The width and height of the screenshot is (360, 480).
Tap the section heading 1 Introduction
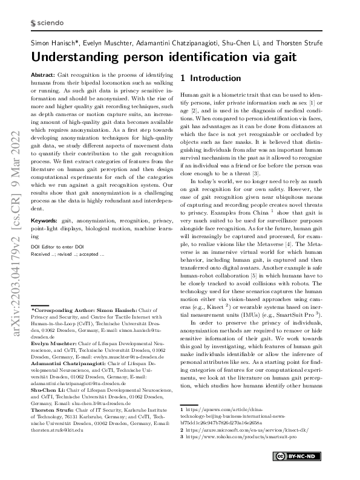coord(211,79)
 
